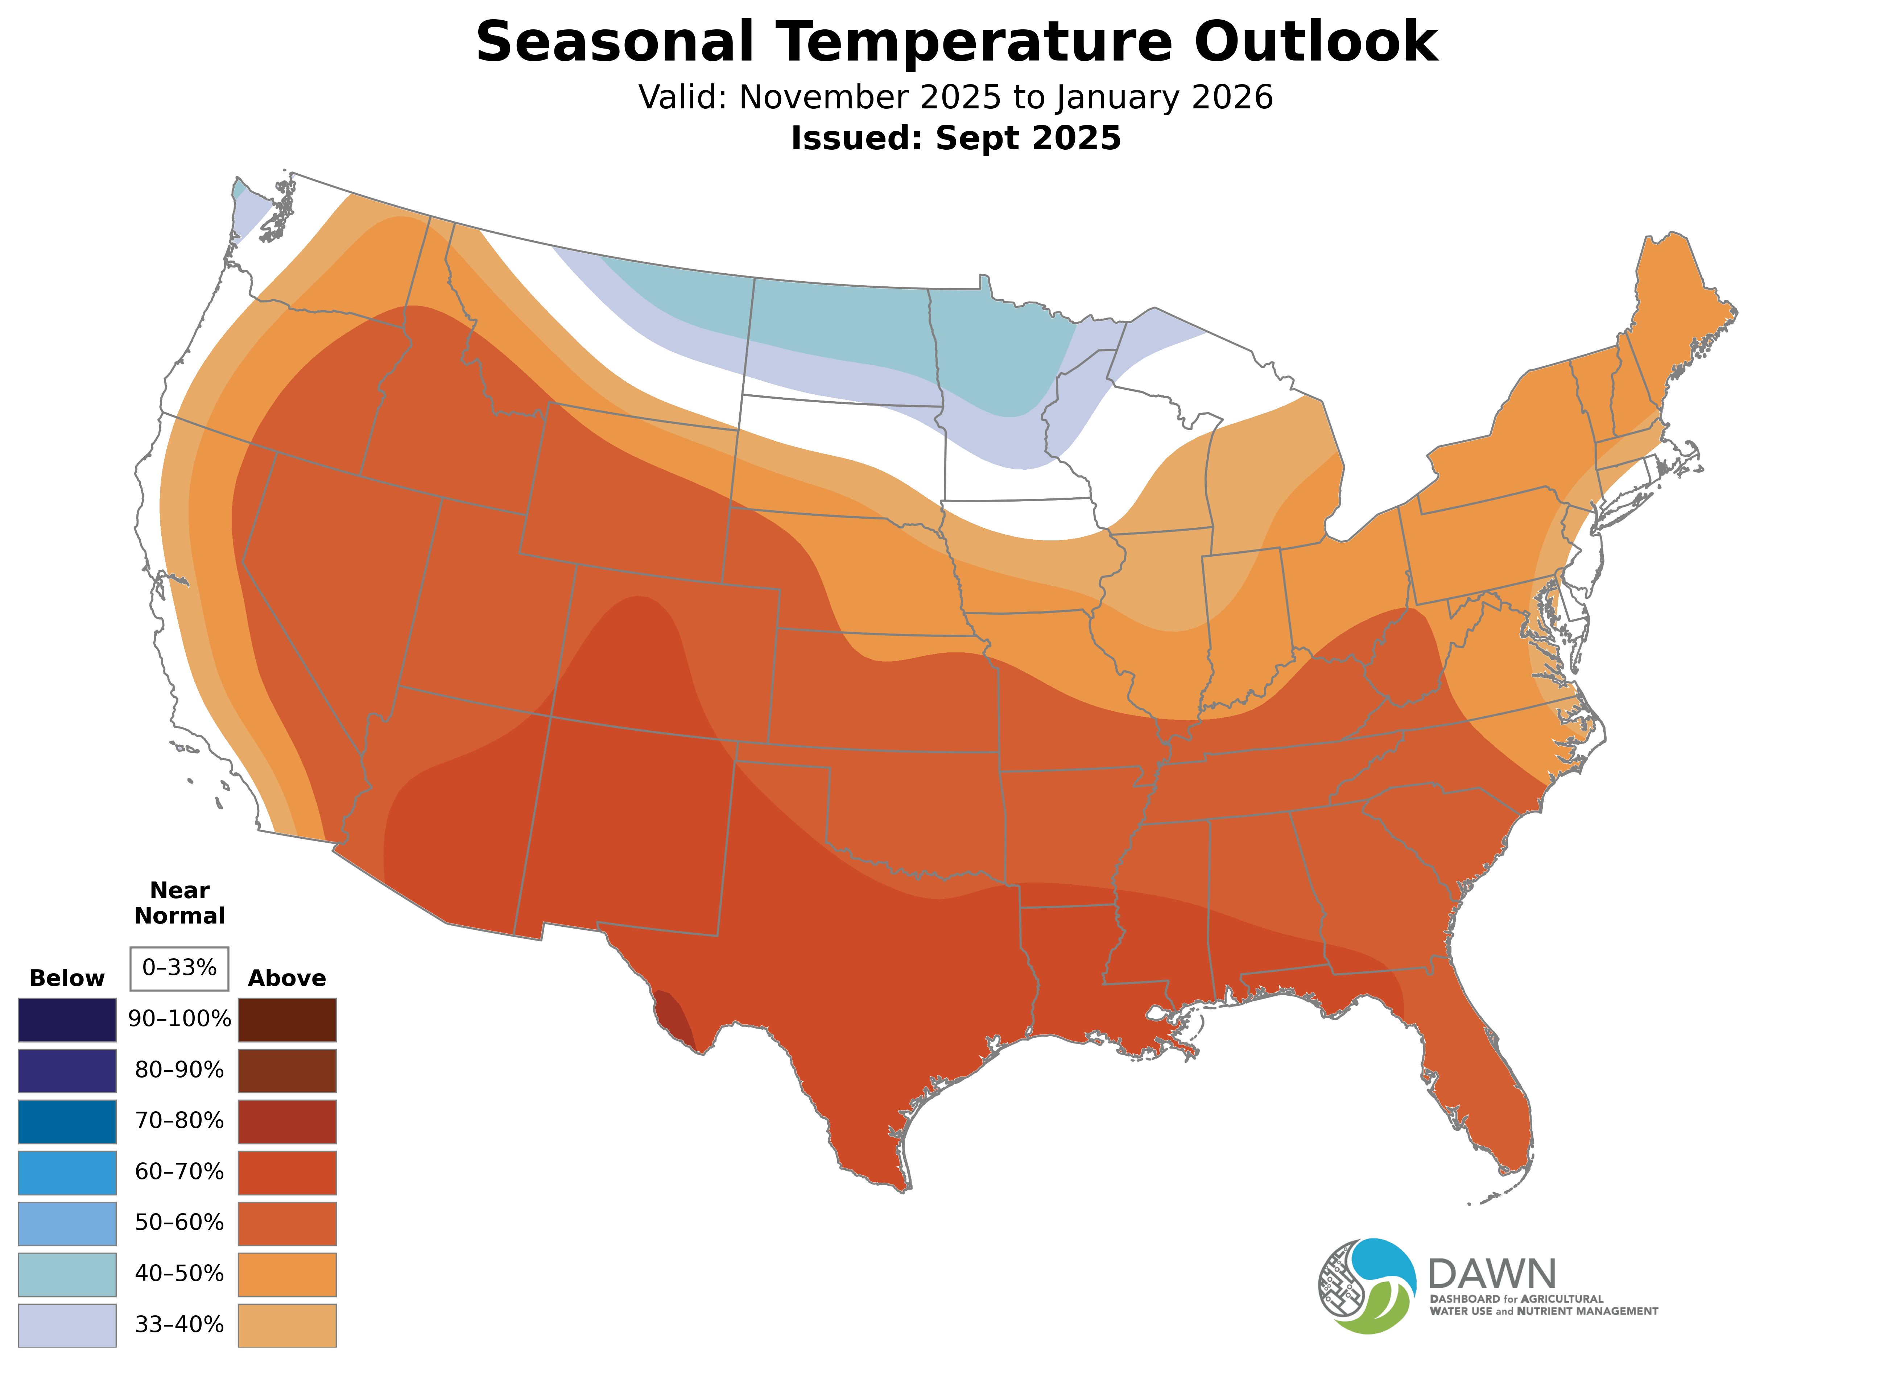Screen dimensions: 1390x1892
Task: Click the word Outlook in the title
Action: tap(1315, 42)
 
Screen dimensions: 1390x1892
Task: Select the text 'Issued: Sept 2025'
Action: tap(955, 138)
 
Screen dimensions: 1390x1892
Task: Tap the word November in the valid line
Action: tap(823, 97)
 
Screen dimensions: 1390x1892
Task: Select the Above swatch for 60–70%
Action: tap(287, 1172)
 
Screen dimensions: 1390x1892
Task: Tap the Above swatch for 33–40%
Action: tap(287, 1324)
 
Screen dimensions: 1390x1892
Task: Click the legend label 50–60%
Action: tap(179, 1223)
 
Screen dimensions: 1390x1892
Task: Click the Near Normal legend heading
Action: tap(179, 903)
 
